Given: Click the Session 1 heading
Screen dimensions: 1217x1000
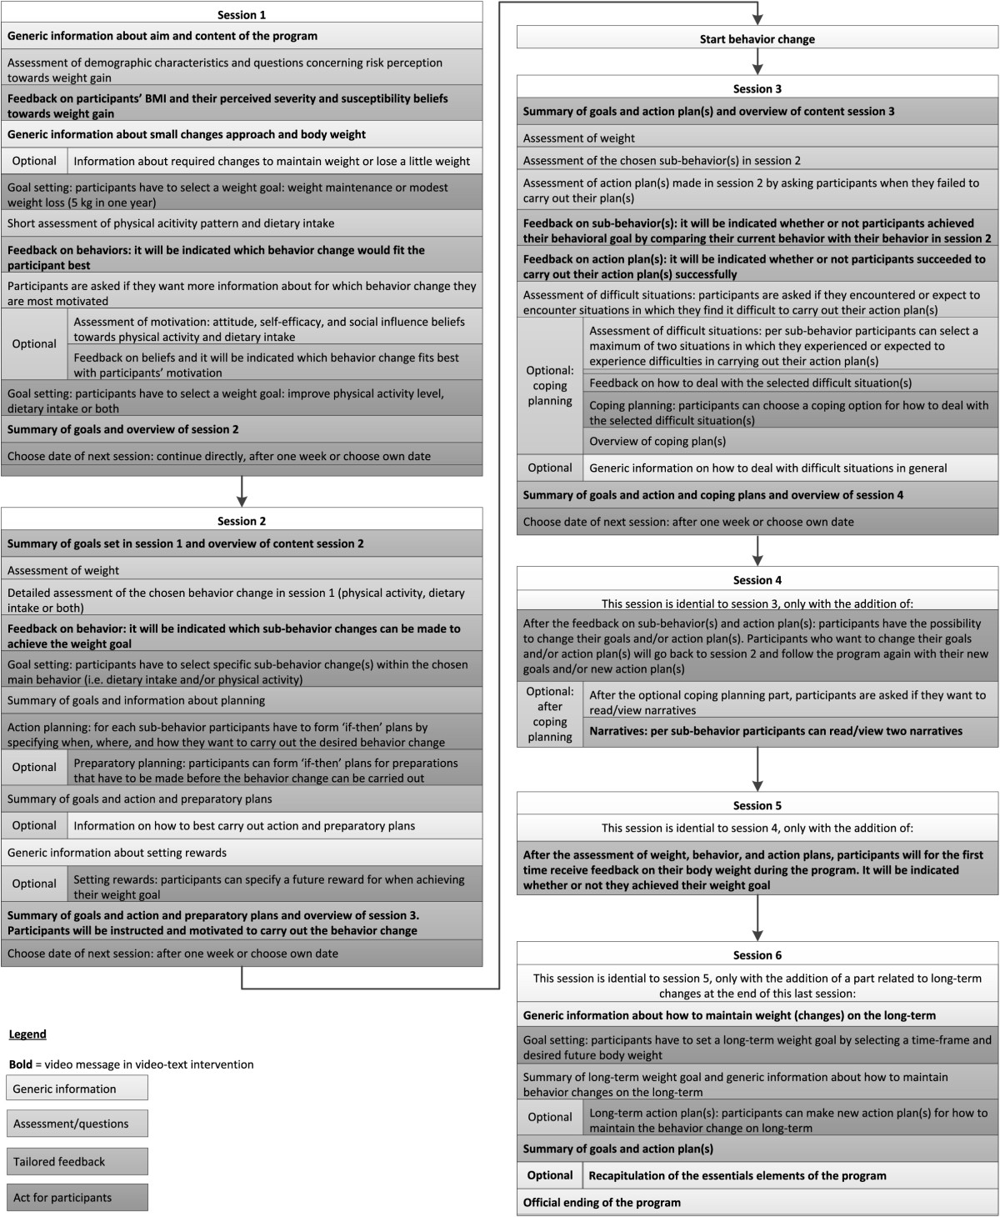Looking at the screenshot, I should click(242, 15).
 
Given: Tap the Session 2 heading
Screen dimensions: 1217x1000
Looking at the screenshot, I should click(242, 521).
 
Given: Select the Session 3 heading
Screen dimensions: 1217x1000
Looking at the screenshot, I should click(757, 89).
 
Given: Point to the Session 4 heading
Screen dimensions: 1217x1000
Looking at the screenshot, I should click(757, 580).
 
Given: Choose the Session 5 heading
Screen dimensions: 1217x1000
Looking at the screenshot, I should click(757, 805).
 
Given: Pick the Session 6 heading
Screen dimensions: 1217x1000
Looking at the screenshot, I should click(757, 955).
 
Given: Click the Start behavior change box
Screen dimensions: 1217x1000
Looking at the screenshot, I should click(757, 39).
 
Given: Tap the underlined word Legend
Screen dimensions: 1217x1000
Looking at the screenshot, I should click(27, 1034).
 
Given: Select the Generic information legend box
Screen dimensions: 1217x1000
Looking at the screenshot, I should click(77, 1089).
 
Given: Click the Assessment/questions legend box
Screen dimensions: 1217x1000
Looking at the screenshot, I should click(77, 1124).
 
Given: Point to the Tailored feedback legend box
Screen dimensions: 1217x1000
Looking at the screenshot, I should click(77, 1161).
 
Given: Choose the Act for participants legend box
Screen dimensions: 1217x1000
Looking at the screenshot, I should click(77, 1198).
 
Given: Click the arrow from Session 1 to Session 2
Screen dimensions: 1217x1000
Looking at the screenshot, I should click(242, 492).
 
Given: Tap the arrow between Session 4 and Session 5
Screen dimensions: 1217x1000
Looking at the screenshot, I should click(757, 769).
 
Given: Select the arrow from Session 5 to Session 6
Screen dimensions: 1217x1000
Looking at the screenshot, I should click(757, 918).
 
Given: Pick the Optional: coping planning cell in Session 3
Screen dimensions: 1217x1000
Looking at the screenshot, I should click(550, 386).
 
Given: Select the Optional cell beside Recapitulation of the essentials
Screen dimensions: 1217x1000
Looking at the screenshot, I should click(550, 1175).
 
